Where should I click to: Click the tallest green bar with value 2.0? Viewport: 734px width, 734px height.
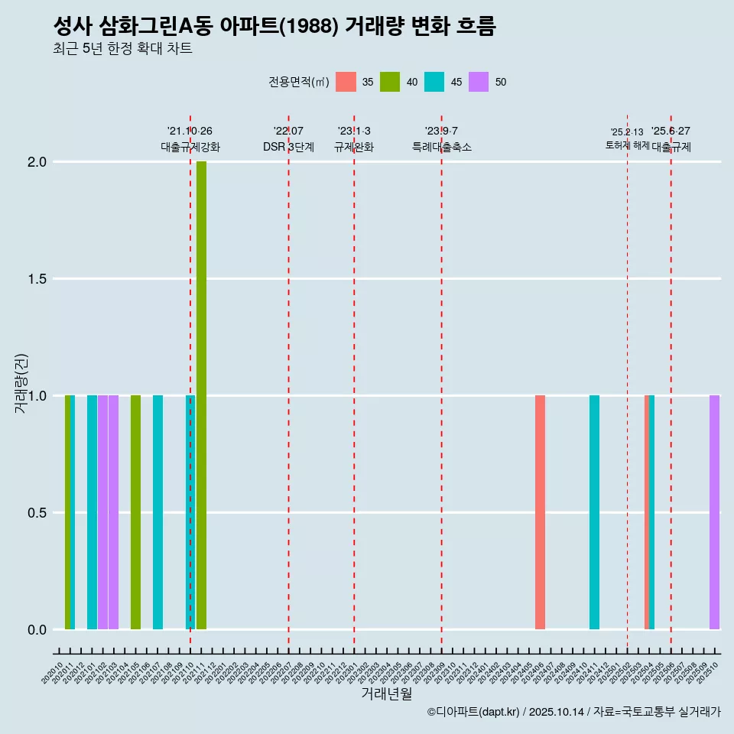click(201, 395)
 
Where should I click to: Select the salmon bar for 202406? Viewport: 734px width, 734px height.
click(540, 512)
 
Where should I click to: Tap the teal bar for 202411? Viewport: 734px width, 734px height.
click(594, 512)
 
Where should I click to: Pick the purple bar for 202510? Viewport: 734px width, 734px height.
click(714, 512)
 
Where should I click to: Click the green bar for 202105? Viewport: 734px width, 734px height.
click(135, 512)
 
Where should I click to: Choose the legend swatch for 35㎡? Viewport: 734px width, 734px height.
click(346, 82)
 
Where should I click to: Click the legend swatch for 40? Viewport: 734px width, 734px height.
click(391, 82)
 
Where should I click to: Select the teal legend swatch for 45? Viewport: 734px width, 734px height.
click(435, 82)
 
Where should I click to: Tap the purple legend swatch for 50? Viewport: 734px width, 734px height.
click(479, 82)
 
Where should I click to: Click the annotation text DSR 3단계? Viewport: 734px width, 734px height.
click(289, 147)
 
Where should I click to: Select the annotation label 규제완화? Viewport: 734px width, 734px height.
click(354, 147)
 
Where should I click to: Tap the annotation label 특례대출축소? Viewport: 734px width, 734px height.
click(442, 147)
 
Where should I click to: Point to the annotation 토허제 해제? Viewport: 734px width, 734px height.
click(628, 145)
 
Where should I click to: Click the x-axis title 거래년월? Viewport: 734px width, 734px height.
click(387, 694)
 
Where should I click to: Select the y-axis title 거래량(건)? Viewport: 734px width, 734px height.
click(21, 384)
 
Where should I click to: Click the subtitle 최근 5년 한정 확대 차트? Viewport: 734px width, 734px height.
click(122, 49)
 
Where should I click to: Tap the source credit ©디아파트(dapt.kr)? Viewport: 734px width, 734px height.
click(473, 712)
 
